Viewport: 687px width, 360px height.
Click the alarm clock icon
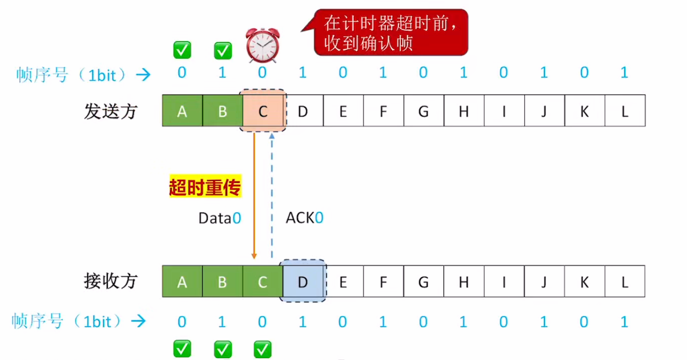click(x=263, y=46)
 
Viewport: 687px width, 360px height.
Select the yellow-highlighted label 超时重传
click(x=205, y=188)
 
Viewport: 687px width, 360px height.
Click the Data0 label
click(x=220, y=218)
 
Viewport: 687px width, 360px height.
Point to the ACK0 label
click(x=304, y=218)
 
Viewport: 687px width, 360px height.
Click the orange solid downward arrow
click(x=254, y=195)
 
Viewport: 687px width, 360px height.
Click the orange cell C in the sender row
click(x=263, y=111)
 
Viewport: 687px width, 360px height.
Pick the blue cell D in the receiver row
click(x=303, y=282)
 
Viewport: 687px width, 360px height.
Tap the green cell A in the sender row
click(x=182, y=111)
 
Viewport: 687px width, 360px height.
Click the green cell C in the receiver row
click(x=262, y=282)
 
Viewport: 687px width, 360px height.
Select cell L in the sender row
click(x=624, y=111)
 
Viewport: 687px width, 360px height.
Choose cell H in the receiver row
click(x=464, y=282)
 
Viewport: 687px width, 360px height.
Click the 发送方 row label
click(x=111, y=111)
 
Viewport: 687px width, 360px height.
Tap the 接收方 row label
click(x=111, y=281)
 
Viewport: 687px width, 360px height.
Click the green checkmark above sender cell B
click(x=222, y=50)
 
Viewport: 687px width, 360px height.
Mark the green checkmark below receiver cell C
click(x=262, y=349)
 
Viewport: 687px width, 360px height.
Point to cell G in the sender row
click(x=423, y=111)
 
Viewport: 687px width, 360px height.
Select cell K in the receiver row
click(x=584, y=282)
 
